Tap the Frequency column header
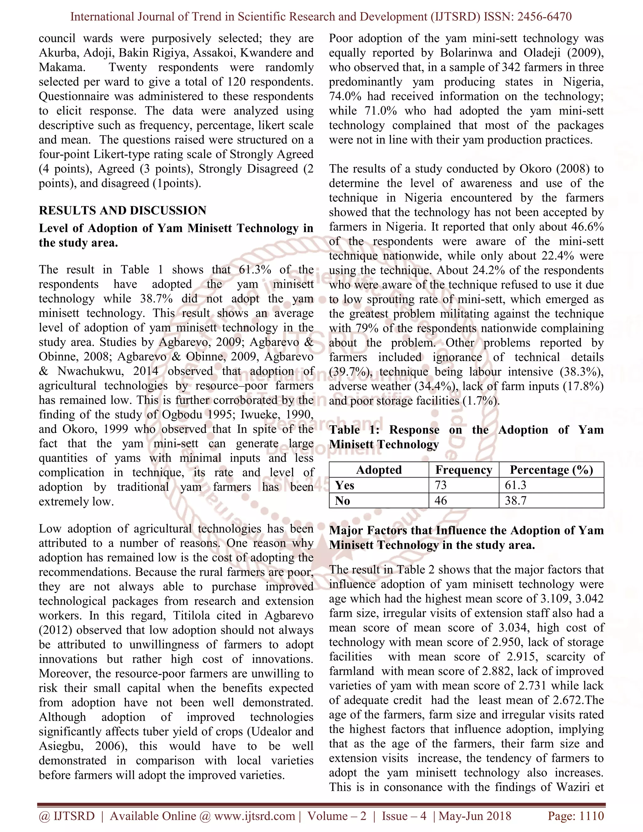[464, 470]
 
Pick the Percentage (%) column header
[551, 470]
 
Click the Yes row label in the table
[345, 485]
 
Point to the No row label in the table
[343, 500]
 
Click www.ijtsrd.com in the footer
[254, 816]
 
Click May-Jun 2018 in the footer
[475, 816]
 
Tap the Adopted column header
[379, 470]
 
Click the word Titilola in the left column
[197, 616]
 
